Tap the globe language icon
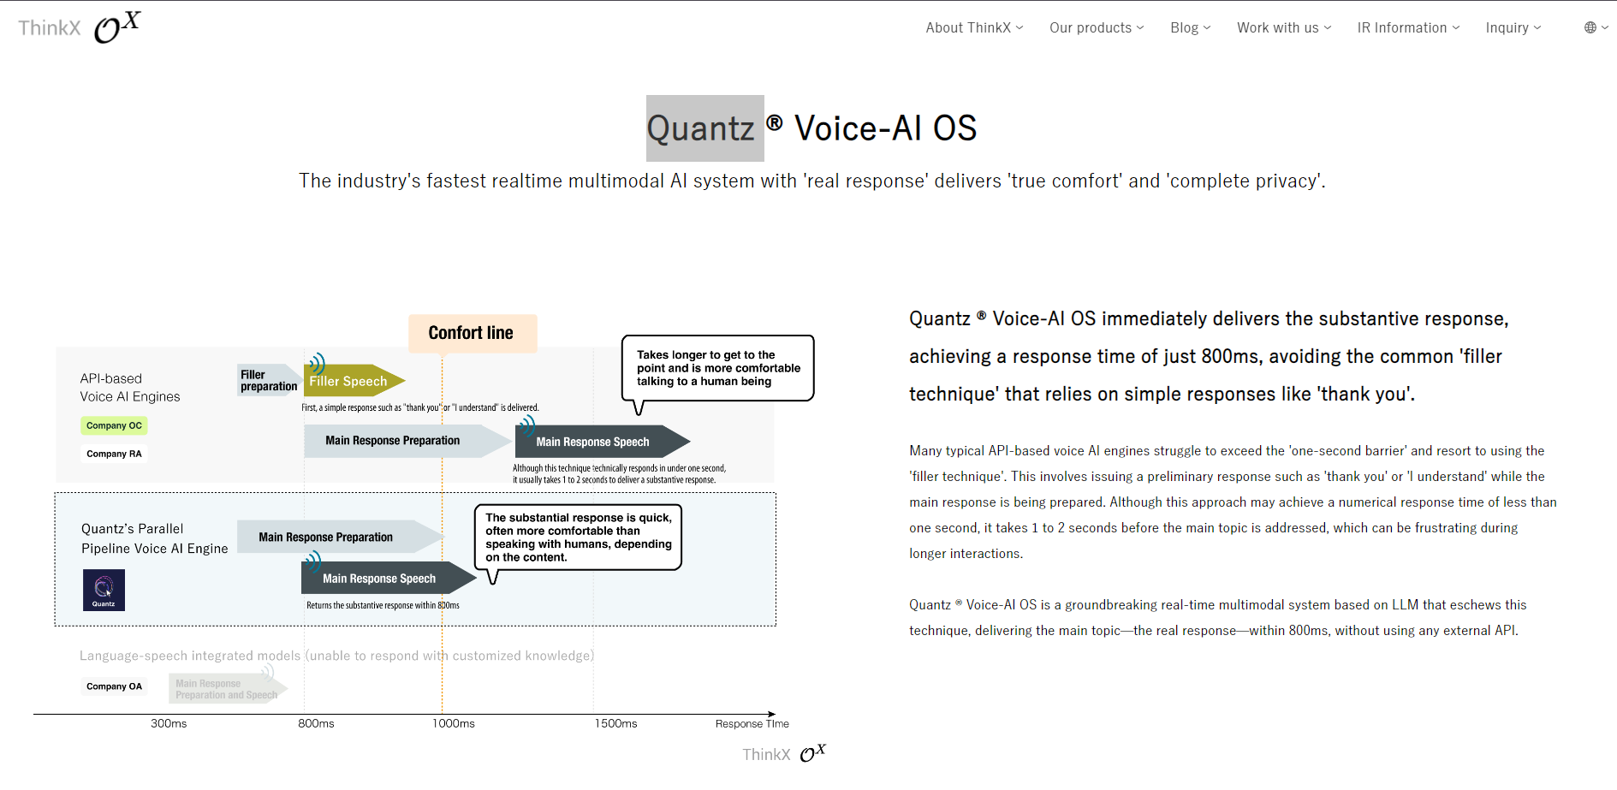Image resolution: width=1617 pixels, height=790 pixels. click(x=1590, y=27)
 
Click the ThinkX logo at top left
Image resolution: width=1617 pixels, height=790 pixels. click(x=79, y=27)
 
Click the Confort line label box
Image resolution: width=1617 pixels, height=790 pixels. click(x=472, y=333)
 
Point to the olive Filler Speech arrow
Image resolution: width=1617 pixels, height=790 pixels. click(x=351, y=381)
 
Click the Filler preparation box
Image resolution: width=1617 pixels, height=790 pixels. click(x=268, y=380)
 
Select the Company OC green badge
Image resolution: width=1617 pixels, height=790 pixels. click(x=114, y=425)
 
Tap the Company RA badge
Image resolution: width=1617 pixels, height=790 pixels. click(x=114, y=454)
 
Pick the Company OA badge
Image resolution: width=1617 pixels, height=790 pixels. click(x=114, y=686)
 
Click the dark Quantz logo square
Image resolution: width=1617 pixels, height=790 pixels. click(x=104, y=590)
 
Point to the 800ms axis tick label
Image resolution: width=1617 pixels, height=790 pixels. click(x=316, y=724)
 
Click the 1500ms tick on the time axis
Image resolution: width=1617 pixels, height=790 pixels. click(x=615, y=724)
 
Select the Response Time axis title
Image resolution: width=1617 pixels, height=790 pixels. click(x=752, y=724)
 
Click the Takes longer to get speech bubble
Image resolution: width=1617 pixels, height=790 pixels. click(x=716, y=368)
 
